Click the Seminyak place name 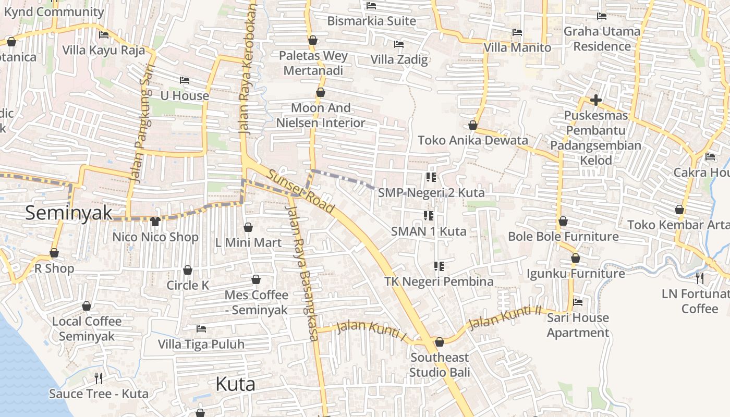coord(69,213)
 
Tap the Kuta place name coord(235,384)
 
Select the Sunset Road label coord(301,191)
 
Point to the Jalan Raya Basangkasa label coord(302,273)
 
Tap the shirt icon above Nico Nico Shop coord(155,222)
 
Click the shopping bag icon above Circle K coord(187,270)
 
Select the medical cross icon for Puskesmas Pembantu coord(595,100)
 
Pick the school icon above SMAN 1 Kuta coord(429,215)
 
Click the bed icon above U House coord(184,80)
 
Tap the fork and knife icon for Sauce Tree coord(98,378)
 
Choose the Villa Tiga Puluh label coord(201,344)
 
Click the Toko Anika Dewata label coord(472,140)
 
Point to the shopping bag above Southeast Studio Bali coord(439,342)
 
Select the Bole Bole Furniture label coord(563,236)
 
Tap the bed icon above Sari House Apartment coord(577,302)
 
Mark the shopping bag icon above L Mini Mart coord(248,227)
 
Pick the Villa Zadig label coord(399,59)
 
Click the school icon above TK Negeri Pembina coord(439,266)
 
